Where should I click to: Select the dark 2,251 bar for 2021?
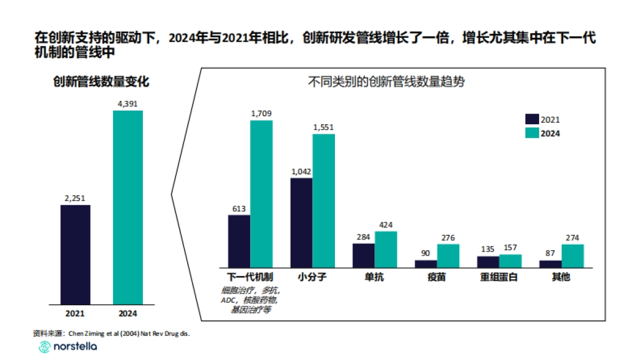coord(75,254)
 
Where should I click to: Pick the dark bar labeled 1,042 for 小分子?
coord(301,222)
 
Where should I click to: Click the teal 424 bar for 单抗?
coord(386,249)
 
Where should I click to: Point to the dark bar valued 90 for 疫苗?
coord(426,263)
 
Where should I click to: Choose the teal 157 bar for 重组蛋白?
coord(510,261)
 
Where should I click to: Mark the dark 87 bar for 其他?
coord(550,263)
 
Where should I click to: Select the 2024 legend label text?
coord(551,134)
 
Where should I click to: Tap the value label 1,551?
coord(323,127)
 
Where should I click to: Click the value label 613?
coord(238,209)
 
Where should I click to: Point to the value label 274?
coord(573,237)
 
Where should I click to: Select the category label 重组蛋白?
coord(499,277)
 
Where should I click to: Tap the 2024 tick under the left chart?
coord(127,313)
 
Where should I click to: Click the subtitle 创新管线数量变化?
coord(101,82)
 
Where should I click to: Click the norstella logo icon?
coord(44,347)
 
